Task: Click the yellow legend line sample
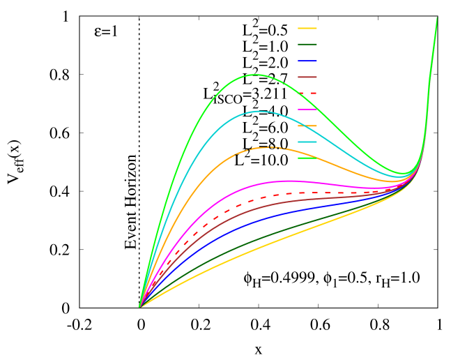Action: pos(307,29)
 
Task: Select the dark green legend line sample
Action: pos(307,45)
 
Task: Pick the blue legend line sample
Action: pos(307,61)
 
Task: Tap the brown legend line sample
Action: pos(307,77)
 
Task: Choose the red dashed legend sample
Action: pos(307,93)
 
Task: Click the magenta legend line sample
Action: pos(307,110)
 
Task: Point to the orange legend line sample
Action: pos(307,126)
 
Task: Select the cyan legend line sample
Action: pos(307,142)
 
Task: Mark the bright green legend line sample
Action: pos(307,158)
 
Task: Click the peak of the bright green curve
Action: pos(257,74)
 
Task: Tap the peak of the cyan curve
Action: pos(259,111)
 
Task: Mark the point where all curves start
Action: pos(139,307)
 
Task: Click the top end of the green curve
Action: pos(437,18)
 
